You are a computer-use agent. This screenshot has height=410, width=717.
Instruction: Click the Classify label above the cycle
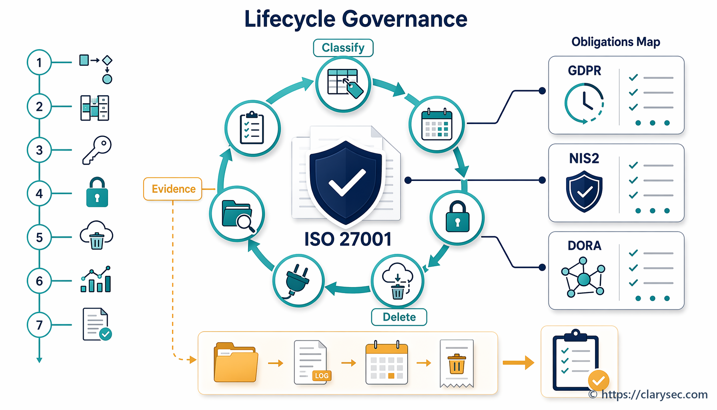[x=343, y=48]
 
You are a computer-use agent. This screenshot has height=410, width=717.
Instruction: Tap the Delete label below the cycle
[x=399, y=317]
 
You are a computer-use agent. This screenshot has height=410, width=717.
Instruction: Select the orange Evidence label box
[x=173, y=189]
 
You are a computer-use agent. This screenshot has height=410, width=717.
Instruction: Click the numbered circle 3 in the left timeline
[x=39, y=150]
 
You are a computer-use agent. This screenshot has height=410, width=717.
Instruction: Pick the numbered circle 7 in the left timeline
[x=39, y=325]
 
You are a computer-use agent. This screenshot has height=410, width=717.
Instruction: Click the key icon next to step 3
[x=97, y=150]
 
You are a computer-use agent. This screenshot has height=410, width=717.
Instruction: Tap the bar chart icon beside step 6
[x=96, y=279]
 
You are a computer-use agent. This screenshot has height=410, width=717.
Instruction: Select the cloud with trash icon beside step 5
[x=96, y=235]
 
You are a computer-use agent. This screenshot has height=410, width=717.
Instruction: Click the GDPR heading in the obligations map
[x=584, y=71]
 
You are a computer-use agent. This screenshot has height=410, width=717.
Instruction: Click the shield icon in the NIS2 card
[x=584, y=191]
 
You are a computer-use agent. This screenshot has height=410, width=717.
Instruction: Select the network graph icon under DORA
[x=583, y=277]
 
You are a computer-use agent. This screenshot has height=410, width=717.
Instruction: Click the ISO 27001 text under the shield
[x=348, y=239]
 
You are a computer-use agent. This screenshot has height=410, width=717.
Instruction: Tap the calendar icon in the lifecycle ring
[x=437, y=124]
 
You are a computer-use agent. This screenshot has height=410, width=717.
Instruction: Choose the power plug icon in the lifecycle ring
[x=298, y=280]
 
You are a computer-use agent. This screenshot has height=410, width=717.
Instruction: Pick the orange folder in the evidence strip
[x=236, y=362]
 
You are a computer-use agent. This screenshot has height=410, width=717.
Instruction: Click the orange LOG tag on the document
[x=322, y=376]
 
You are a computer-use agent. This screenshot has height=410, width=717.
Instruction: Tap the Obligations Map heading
[x=616, y=42]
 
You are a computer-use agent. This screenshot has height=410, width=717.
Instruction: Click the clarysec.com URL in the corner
[x=654, y=395]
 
